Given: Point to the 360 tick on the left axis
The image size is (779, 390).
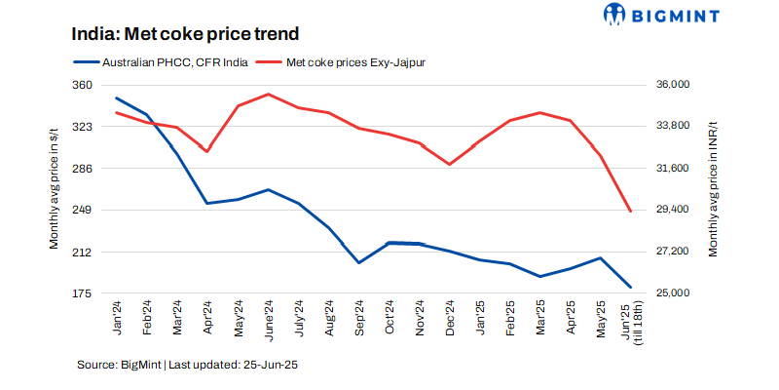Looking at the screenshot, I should click(x=81, y=85).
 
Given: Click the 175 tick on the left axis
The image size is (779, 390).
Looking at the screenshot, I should click(x=81, y=293).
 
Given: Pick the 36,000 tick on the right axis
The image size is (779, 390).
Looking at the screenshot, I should click(x=671, y=85).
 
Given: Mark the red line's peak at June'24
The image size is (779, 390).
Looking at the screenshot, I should click(x=268, y=94).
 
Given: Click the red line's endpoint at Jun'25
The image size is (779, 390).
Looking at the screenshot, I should click(x=631, y=212).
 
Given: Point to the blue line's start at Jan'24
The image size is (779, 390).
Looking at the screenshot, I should click(x=116, y=97).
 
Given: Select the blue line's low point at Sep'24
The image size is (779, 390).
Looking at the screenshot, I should click(x=358, y=262).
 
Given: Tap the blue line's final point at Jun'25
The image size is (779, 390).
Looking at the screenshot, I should click(x=631, y=288).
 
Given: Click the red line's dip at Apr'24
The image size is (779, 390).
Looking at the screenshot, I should click(x=206, y=151).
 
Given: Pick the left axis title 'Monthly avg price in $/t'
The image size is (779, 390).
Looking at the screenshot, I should click(x=56, y=189).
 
